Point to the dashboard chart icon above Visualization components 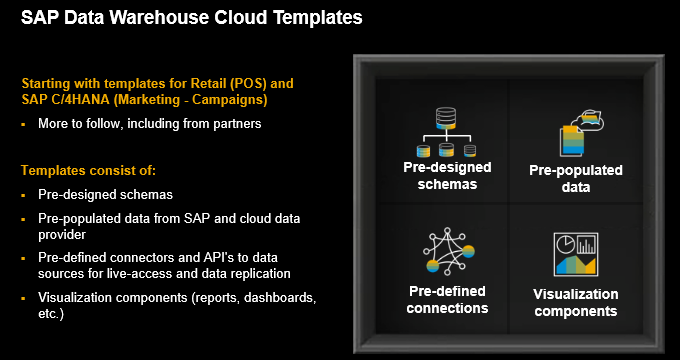click(575, 255)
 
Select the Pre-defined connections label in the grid click(448, 299)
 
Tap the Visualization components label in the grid click(575, 302)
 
